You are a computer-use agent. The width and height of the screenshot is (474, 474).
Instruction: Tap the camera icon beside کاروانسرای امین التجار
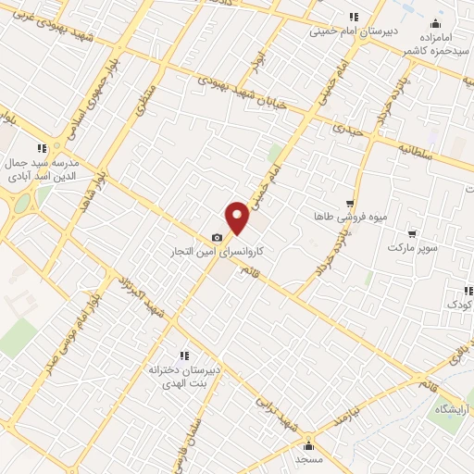click(217, 238)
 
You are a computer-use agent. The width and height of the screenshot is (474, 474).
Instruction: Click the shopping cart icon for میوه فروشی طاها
click(349, 202)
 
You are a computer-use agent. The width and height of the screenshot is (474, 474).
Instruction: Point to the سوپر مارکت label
click(411, 248)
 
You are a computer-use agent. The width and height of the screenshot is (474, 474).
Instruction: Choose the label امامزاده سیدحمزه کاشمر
click(436, 42)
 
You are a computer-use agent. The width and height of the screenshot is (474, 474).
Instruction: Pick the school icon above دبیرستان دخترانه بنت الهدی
click(183, 355)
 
